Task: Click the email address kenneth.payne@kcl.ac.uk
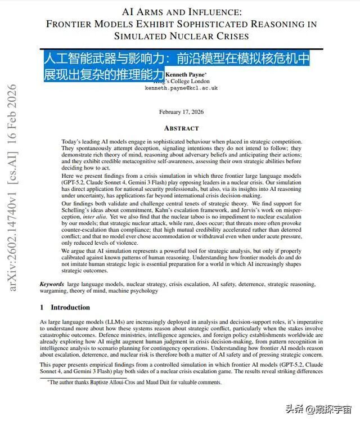[x=181, y=88]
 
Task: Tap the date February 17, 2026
[x=181, y=112]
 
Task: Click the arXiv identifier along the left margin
[x=12, y=188]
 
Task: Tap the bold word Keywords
[x=52, y=285]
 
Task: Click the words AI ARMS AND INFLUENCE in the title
[x=181, y=11]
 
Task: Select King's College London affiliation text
[x=181, y=81]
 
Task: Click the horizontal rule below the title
[x=181, y=49]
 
